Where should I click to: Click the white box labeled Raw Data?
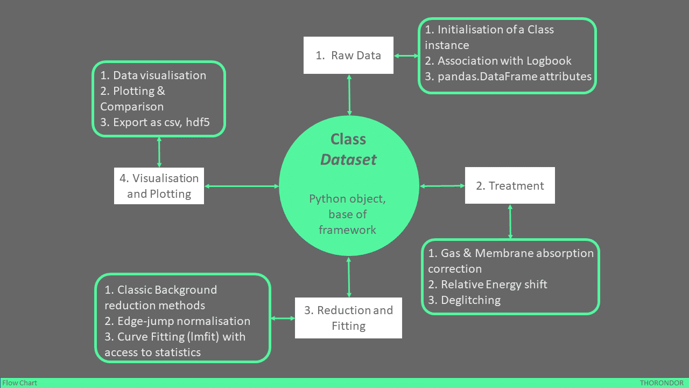348,55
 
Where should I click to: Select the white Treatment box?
510,185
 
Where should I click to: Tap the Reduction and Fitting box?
348,318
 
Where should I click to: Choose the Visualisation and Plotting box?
159,186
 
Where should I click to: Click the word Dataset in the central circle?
348,160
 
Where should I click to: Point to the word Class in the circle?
348,139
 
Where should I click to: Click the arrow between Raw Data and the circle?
349,95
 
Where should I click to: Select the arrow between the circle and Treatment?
442,186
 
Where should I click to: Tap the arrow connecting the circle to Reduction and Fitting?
349,277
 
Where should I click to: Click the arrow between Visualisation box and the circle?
242,186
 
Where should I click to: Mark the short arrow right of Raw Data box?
406,56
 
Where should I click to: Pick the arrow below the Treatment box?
510,221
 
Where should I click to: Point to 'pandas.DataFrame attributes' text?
514,76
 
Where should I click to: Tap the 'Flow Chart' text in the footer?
20,383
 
